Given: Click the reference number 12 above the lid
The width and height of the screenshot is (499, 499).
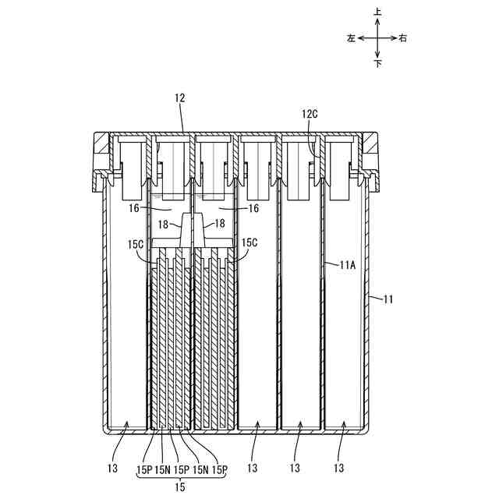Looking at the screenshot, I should click(x=180, y=98).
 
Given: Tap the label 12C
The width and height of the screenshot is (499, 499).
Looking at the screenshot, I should click(x=310, y=114).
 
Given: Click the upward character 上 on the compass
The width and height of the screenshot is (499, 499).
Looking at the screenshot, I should click(x=378, y=13).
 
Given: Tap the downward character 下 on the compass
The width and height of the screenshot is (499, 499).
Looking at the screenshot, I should click(x=378, y=63).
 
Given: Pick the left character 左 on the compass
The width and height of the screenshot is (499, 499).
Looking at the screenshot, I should click(x=352, y=37).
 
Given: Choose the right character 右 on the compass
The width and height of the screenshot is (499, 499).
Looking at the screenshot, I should click(x=402, y=37).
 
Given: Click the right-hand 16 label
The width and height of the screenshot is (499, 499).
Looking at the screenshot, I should click(x=253, y=210).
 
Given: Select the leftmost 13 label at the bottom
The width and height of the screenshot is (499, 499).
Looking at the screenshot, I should click(x=114, y=469).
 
